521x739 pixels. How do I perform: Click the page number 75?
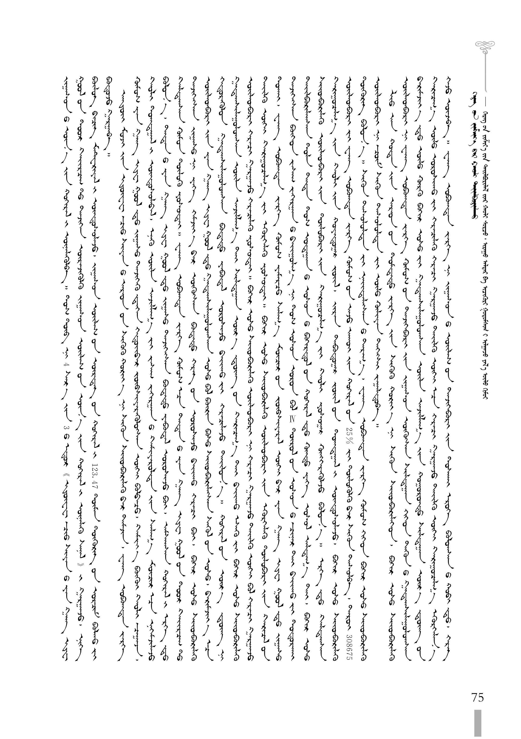(x=477, y=697)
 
